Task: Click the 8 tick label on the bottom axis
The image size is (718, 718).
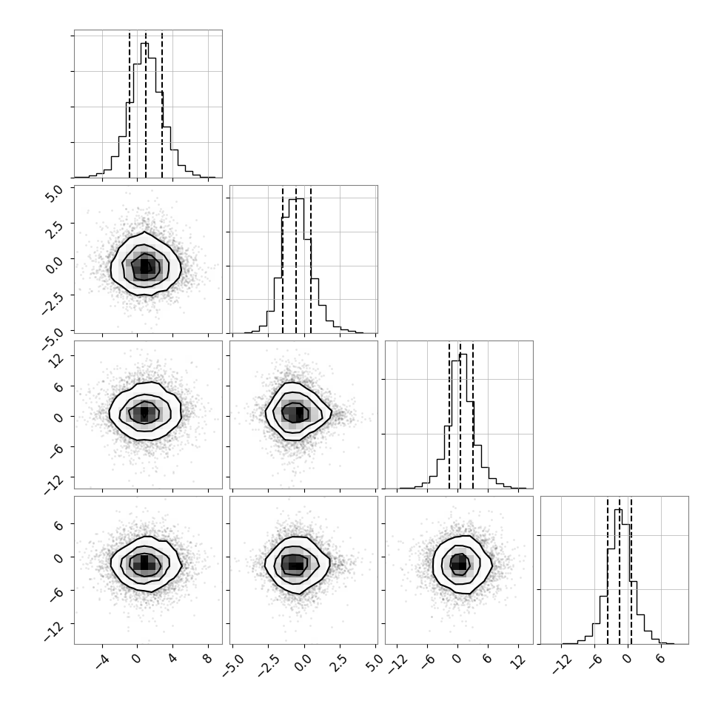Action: (207, 660)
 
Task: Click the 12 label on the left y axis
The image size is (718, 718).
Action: (56, 360)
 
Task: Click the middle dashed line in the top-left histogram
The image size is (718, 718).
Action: (146, 104)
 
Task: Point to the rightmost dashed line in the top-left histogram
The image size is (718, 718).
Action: (162, 104)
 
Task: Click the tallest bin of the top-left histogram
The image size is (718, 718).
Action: (144, 110)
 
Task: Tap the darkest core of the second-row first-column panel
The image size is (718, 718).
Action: (145, 266)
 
